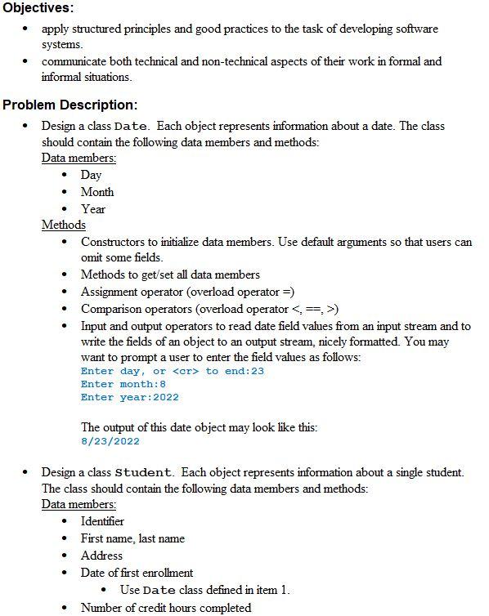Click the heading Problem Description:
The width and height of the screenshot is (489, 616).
click(x=70, y=105)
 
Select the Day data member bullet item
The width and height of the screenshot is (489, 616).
click(x=91, y=175)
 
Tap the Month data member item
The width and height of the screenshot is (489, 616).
click(x=97, y=192)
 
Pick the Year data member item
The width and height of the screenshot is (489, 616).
click(x=93, y=209)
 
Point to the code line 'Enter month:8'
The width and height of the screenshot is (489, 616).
click(x=123, y=384)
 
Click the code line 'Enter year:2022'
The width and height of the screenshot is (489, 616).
click(x=129, y=397)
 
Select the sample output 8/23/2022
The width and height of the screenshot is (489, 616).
click(x=110, y=441)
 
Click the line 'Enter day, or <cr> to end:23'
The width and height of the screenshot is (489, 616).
click(x=173, y=371)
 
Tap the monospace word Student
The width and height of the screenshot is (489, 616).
click(x=144, y=473)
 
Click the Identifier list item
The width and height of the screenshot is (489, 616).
click(x=102, y=521)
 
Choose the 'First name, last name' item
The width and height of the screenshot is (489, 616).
click(x=132, y=538)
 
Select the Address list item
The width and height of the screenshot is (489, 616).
click(x=101, y=556)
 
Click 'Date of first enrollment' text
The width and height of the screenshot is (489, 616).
click(x=137, y=573)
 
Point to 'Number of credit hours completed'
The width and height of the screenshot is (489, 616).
click(x=166, y=607)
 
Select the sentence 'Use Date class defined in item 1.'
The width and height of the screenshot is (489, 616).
click(x=204, y=590)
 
